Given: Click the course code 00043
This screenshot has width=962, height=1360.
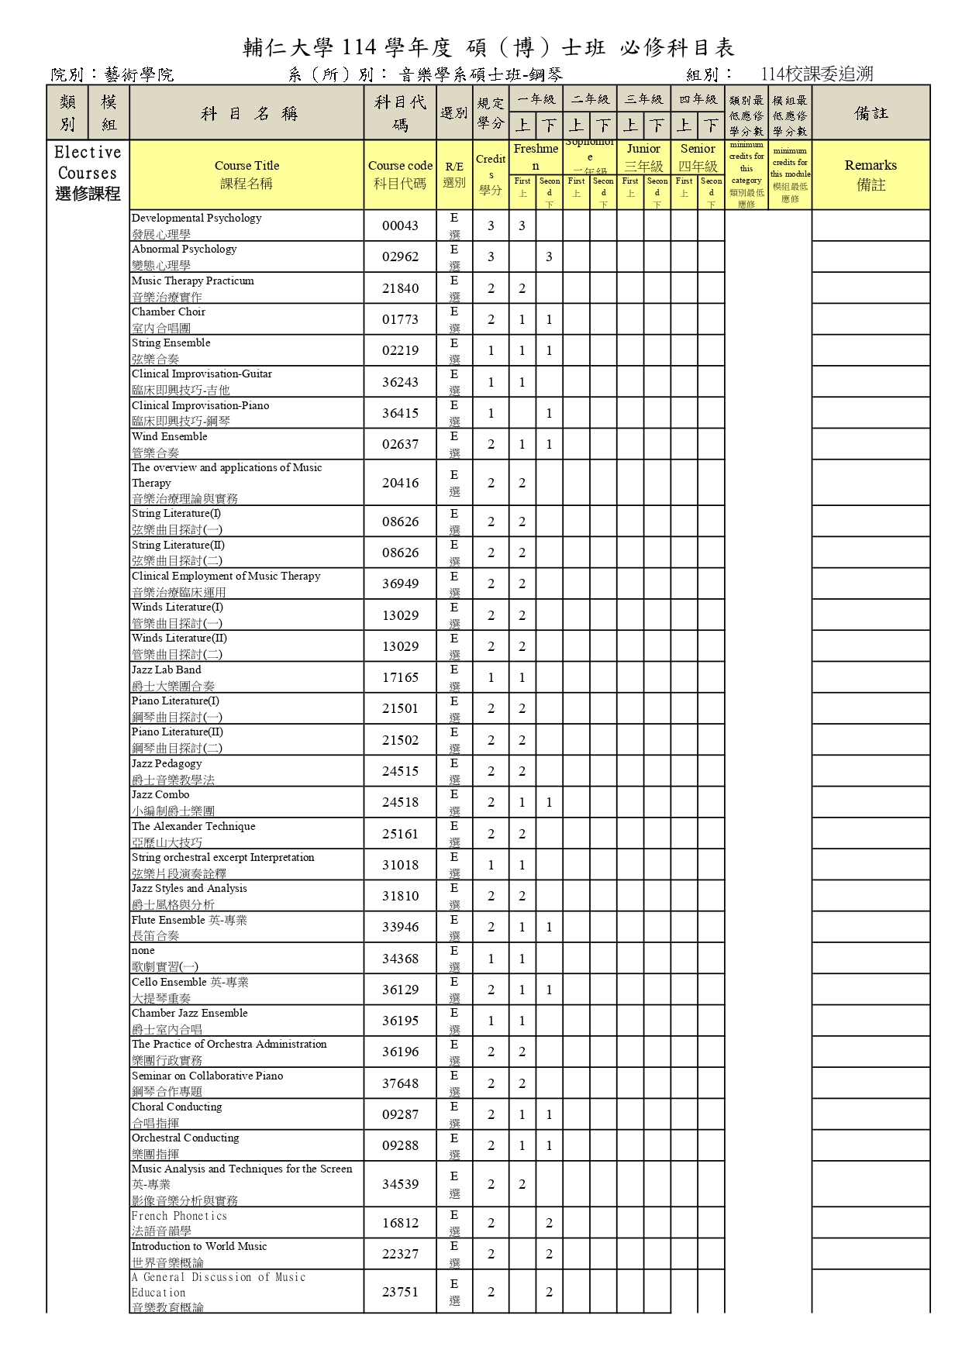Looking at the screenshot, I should [400, 226].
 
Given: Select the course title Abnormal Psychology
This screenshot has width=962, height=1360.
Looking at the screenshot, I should [184, 250].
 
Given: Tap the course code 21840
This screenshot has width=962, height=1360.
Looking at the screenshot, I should [400, 288].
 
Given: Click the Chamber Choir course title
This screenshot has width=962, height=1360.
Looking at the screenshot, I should [168, 312].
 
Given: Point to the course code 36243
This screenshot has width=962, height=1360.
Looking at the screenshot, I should [400, 382].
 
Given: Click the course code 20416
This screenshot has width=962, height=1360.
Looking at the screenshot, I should [400, 483].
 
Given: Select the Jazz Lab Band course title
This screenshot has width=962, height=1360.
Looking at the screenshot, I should [166, 670].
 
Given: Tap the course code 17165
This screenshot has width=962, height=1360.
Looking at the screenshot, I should [400, 677].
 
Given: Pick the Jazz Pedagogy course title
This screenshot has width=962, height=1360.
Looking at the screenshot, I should [167, 764].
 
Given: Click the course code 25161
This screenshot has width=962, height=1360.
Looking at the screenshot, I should [400, 834].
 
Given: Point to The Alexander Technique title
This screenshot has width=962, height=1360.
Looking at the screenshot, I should [193, 827].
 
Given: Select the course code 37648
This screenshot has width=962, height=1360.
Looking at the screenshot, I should [400, 1083].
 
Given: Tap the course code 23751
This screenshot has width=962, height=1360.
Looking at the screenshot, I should [400, 1292].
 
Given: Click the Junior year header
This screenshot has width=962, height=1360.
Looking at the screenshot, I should [643, 149].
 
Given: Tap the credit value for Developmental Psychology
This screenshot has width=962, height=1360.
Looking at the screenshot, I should [491, 226].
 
